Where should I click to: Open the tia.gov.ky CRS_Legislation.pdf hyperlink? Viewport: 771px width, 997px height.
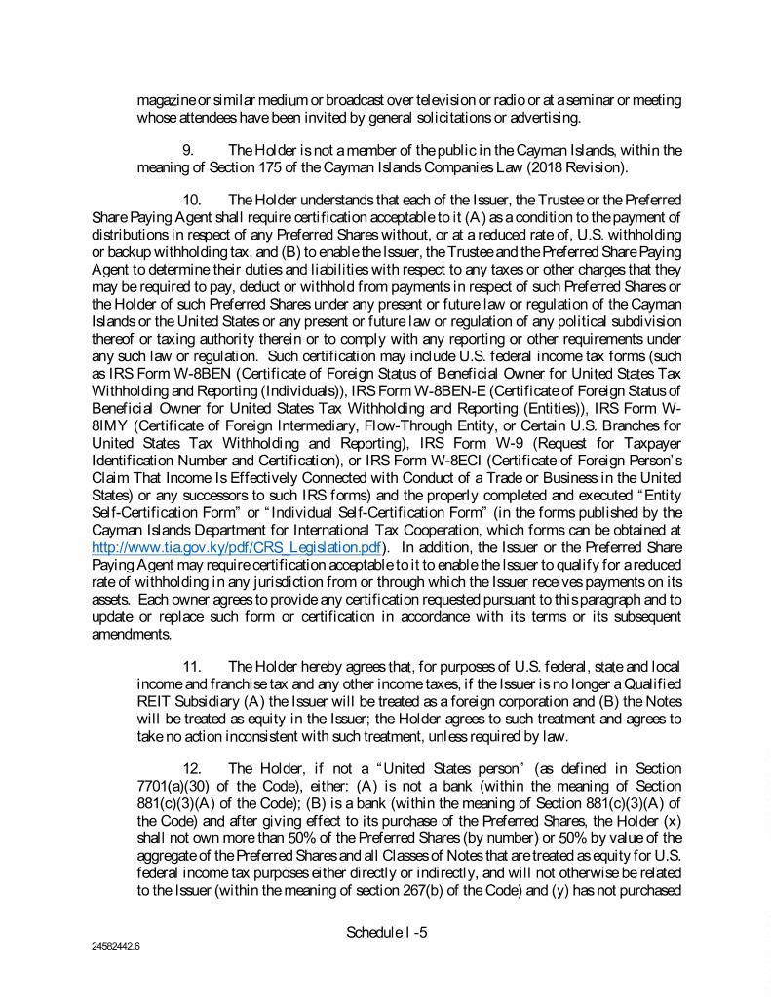[x=242, y=547]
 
